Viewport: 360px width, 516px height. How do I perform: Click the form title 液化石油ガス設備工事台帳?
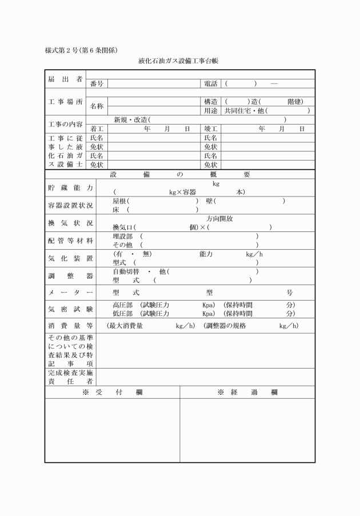coord(179,61)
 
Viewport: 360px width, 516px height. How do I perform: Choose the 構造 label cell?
coord(211,102)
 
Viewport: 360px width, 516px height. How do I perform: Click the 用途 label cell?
coord(211,111)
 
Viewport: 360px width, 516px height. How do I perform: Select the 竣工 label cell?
coord(211,129)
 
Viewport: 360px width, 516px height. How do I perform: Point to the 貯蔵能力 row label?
coord(70,188)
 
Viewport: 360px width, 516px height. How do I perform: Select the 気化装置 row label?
coord(70,258)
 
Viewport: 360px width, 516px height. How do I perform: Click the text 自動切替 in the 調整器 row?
coord(126,271)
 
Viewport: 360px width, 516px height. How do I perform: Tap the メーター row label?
coord(70,293)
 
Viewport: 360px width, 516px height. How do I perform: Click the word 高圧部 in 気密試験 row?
coord(122,305)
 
